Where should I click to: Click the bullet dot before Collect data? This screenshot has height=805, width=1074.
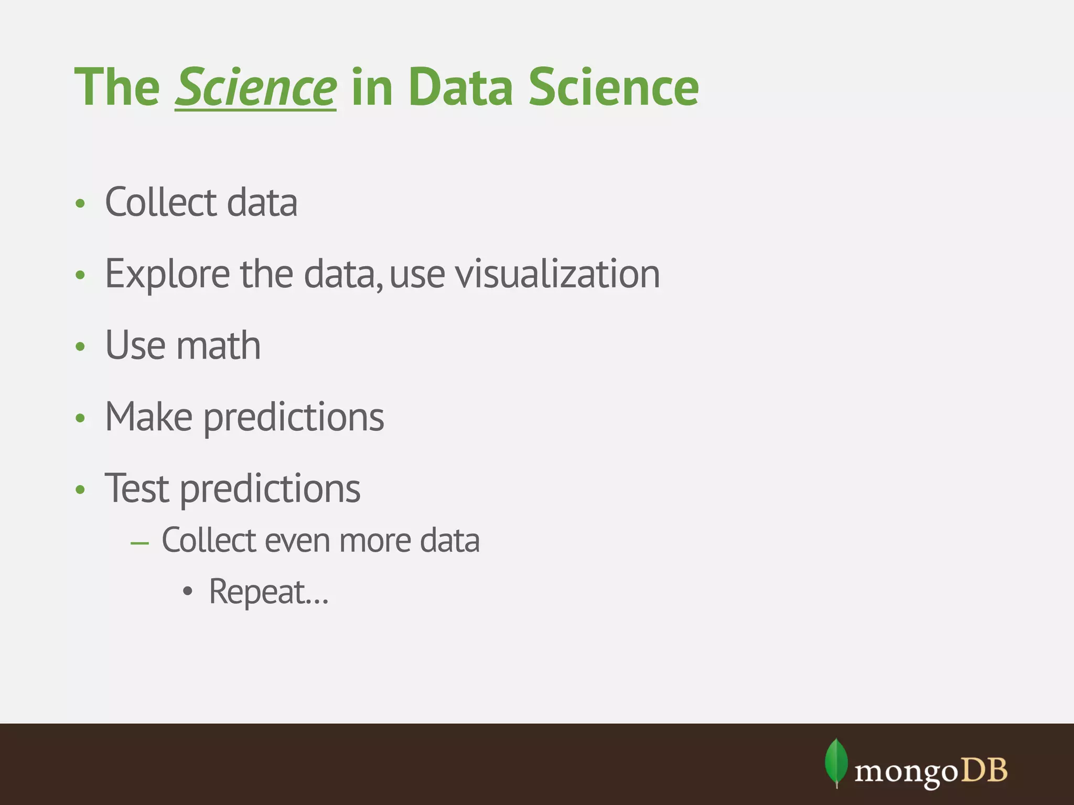pyautogui.click(x=80, y=204)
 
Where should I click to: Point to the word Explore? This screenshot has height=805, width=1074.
pyautogui.click(x=167, y=274)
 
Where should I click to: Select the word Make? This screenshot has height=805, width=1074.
pyautogui.click(x=148, y=417)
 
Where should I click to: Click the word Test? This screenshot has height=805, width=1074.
pyautogui.click(x=137, y=488)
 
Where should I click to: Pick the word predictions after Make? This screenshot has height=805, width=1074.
pyautogui.click(x=294, y=418)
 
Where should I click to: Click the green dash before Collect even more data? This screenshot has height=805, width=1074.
pyautogui.click(x=140, y=543)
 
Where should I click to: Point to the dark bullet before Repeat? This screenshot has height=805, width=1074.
pyautogui.click(x=188, y=593)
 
